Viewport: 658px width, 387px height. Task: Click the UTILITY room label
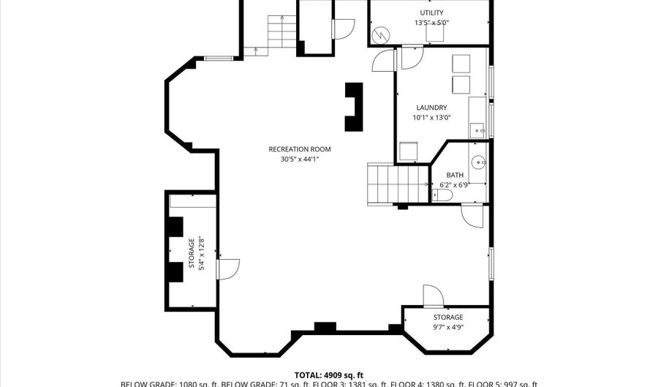431,13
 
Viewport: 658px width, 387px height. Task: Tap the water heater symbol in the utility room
380,34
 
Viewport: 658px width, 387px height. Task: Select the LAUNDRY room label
431,108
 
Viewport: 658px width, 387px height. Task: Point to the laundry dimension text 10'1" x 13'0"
431,117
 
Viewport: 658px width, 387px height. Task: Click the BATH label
455,175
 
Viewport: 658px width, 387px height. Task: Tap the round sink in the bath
477,162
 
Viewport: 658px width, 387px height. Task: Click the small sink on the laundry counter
480,131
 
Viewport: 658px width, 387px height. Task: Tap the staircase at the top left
282,34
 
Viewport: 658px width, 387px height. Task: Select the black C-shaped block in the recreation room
355,106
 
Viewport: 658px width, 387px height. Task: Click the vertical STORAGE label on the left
192,252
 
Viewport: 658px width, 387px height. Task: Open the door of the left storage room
227,269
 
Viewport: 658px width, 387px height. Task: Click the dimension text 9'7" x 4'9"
447,327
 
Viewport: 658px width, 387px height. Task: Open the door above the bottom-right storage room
433,296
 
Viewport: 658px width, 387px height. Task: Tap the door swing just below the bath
472,215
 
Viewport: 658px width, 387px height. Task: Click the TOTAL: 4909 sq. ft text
328,375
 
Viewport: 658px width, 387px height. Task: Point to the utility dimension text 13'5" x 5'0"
431,23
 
